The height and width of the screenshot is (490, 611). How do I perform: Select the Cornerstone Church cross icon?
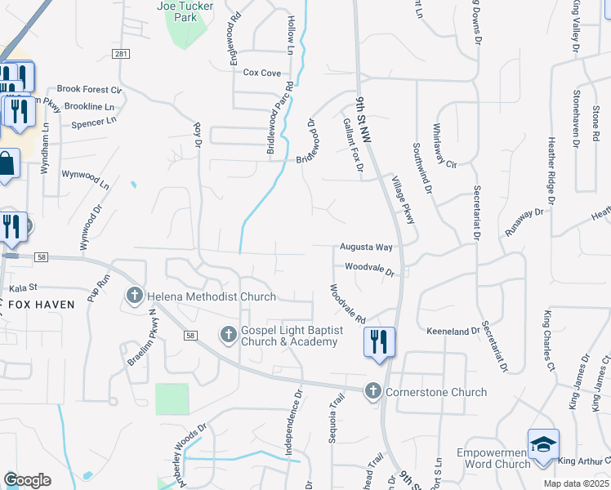(x=374, y=391)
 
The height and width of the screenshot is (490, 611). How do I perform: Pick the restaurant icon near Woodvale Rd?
(x=379, y=341)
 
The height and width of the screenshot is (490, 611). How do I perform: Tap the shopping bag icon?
(x=7, y=163)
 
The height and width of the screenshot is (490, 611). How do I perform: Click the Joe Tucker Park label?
(x=187, y=11)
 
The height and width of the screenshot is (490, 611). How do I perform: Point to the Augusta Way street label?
(x=367, y=247)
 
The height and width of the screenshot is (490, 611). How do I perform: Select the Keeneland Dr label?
(x=453, y=331)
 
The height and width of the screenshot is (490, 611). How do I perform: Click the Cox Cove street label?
(x=262, y=73)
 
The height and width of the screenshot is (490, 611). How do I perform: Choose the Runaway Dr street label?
(x=524, y=221)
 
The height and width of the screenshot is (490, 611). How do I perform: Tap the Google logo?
(x=27, y=479)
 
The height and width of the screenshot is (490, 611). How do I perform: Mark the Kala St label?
(x=24, y=288)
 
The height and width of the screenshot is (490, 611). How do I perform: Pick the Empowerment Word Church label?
(x=493, y=458)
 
